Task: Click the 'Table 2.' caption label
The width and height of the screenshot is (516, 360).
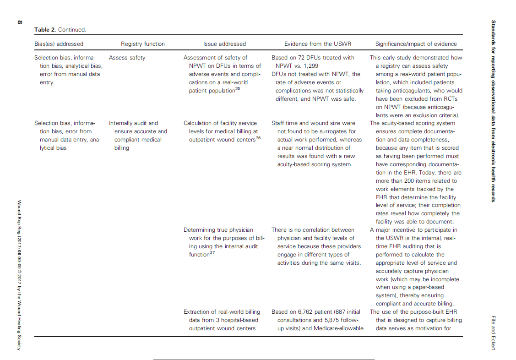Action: pyautogui.click(x=45, y=30)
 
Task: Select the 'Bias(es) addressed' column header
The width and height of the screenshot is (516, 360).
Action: pyautogui.click(x=59, y=44)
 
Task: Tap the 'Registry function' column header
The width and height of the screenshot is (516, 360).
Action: pyautogui.click(x=143, y=44)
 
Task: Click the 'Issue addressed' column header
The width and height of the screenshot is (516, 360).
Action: pyautogui.click(x=224, y=44)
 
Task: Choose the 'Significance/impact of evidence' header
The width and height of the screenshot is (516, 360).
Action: pyautogui.click(x=416, y=44)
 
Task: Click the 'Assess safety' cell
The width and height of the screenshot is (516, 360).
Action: pyautogui.click(x=127, y=58)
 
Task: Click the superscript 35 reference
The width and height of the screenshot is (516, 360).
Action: pyautogui.click(x=238, y=89)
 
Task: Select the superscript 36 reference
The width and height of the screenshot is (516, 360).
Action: pyautogui.click(x=258, y=137)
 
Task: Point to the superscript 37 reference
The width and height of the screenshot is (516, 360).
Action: pyautogui.click(x=212, y=253)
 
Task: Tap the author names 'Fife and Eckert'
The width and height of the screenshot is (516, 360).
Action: pyautogui.click(x=493, y=333)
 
